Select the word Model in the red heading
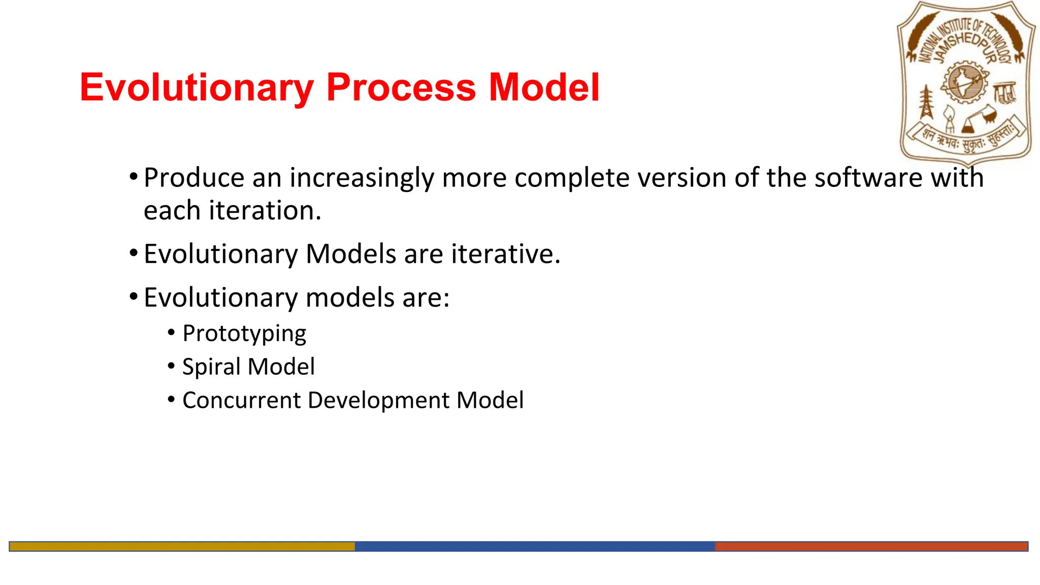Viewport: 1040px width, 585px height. pos(544,87)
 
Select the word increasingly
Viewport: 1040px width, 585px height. pos(362,178)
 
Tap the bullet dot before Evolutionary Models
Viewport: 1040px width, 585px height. pos(134,253)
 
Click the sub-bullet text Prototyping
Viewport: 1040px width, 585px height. pos(244,334)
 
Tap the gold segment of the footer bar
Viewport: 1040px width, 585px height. pos(182,546)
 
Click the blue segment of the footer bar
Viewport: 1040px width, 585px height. pos(534,546)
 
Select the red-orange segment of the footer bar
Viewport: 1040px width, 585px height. pos(871,546)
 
